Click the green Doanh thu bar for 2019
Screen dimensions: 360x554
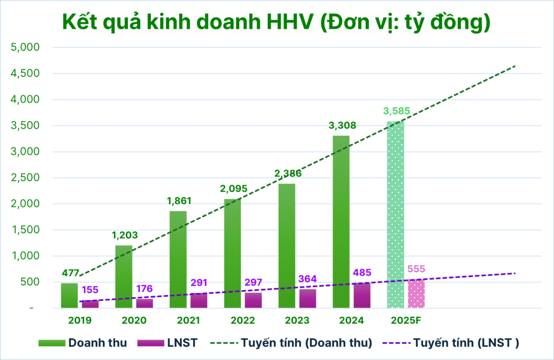coord(69,295)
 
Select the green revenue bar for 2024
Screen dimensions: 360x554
coord(341,222)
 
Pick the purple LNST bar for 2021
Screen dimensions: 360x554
coord(199,301)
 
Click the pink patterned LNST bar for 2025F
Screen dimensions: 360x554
coord(416,294)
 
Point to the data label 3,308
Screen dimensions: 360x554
coord(342,126)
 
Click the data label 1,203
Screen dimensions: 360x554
coord(124,235)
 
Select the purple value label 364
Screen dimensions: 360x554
coord(307,279)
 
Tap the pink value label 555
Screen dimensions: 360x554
coord(416,269)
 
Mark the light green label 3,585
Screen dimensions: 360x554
coord(397,111)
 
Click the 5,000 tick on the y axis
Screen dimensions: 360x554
coord(26,48)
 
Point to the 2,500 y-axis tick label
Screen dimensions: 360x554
coord(26,178)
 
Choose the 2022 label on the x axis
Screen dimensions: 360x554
coord(242,320)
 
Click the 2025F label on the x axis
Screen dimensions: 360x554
coord(405,320)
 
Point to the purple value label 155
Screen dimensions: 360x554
coord(90,289)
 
